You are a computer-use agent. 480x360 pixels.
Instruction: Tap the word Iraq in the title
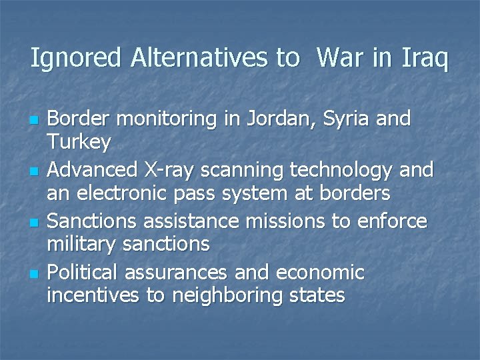coord(425,59)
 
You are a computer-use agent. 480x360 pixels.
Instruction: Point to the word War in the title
coord(341,59)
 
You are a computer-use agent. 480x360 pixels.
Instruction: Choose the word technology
coord(341,171)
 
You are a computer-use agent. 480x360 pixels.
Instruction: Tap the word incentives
coord(93,296)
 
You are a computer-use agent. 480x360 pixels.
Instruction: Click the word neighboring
coord(229,296)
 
